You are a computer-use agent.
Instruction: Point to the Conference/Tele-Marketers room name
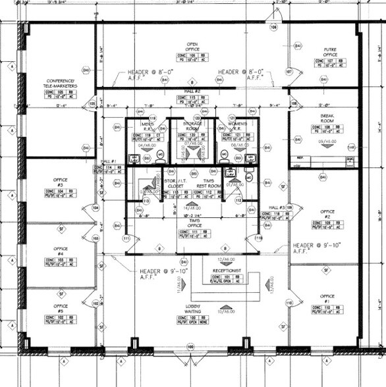pyautogui.click(x=63, y=84)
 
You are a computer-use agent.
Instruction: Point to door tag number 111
pyautogui.click(x=126, y=238)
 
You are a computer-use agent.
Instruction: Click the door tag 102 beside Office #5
pyautogui.click(x=96, y=303)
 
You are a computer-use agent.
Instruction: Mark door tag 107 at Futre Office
pyautogui.click(x=289, y=71)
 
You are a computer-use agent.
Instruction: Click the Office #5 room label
pyautogui.click(x=61, y=307)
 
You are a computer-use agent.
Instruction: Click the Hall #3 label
pyautogui.click(x=276, y=207)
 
